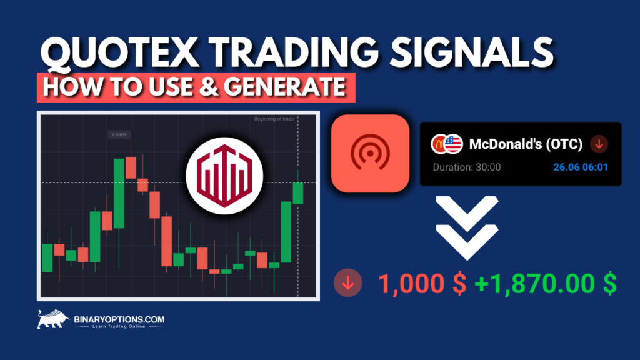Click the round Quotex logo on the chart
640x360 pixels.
click(x=224, y=174)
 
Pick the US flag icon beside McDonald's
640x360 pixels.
click(x=452, y=144)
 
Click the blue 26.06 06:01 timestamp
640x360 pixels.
click(x=581, y=167)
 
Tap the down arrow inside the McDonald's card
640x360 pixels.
click(x=598, y=144)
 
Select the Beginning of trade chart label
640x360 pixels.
click(x=272, y=119)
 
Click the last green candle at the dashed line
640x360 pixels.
click(x=298, y=192)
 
